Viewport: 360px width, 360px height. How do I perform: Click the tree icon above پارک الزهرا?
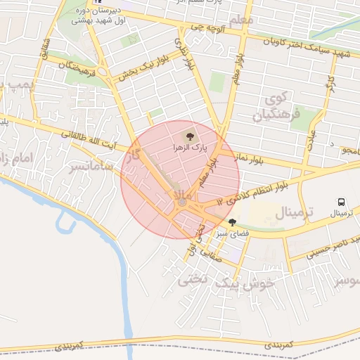pos(188,136)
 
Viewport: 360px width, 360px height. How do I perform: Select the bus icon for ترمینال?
pos(341,200)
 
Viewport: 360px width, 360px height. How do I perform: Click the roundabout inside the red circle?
pos(182,202)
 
